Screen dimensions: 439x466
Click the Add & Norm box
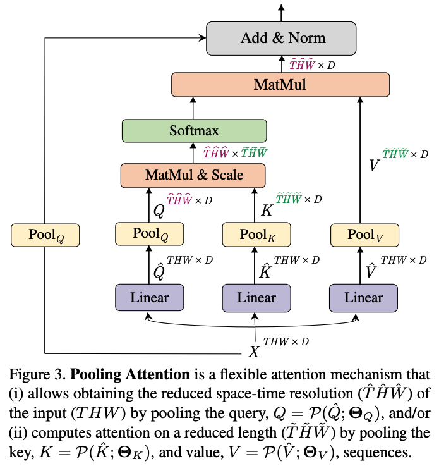[x=281, y=39]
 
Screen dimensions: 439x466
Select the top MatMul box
[x=280, y=85]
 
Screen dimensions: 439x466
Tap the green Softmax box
[x=195, y=131]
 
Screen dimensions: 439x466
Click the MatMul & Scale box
[x=193, y=175]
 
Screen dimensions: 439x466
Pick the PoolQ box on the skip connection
[x=45, y=235]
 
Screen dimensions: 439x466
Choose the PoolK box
[x=256, y=235]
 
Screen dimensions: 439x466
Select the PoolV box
[x=365, y=235]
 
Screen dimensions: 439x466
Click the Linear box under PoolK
[x=256, y=298]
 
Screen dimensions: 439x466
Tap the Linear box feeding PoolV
[x=364, y=298]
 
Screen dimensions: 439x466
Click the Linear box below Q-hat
[x=150, y=297]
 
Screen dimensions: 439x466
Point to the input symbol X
[x=254, y=352]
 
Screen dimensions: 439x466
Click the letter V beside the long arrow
[x=375, y=165]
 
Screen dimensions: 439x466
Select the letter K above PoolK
[x=267, y=211]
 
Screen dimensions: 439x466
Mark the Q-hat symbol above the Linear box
[x=159, y=271]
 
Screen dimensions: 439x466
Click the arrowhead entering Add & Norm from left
[x=203, y=38]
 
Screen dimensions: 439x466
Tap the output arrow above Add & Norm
[x=281, y=13]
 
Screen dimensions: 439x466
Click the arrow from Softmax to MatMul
[x=193, y=108]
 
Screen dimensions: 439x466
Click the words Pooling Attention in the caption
[x=130, y=374]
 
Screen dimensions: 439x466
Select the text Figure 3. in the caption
[x=37, y=374]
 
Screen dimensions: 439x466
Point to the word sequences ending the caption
[x=378, y=453]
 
